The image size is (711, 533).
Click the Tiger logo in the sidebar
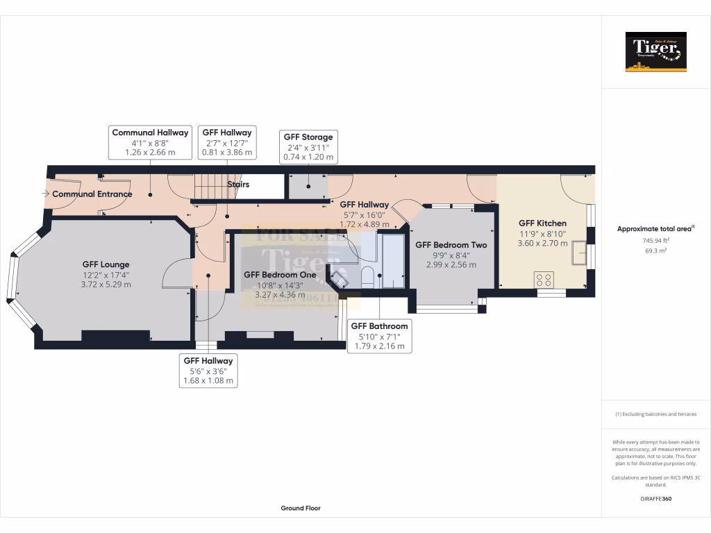[x=655, y=51]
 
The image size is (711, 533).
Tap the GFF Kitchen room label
[x=542, y=223]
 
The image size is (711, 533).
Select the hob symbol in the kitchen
[x=542, y=280]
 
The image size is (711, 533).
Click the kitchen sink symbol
[x=578, y=255]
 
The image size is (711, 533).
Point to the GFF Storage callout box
[x=308, y=147]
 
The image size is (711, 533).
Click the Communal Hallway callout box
[x=150, y=142]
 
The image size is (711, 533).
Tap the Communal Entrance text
[x=92, y=194]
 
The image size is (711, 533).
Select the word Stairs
[x=238, y=185]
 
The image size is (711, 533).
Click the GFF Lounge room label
[x=106, y=264]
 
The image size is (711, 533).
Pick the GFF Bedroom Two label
[x=451, y=245]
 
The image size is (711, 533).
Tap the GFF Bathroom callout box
[x=379, y=336]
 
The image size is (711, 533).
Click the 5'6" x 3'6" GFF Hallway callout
[x=208, y=371]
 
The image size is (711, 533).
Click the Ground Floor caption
[x=301, y=508]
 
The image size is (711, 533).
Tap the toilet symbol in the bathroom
[x=368, y=276]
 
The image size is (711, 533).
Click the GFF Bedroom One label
[x=280, y=274]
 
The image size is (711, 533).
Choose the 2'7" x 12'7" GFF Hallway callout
[x=227, y=142]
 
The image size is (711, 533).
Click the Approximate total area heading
[x=655, y=228]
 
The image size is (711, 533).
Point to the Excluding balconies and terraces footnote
[x=655, y=414]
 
